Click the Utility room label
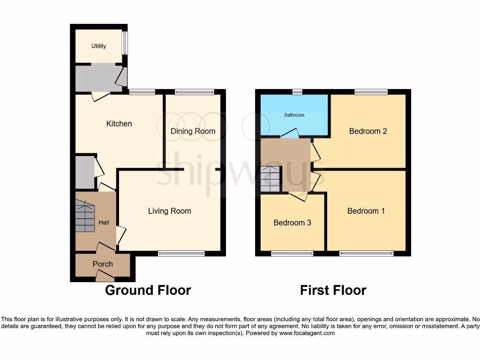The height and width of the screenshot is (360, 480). coord(99,46)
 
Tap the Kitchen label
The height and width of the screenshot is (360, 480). coord(119,124)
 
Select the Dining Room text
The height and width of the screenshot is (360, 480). coord(193,131)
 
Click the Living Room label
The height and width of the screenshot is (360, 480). coord(169,211)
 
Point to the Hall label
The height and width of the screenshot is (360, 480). coord(104,222)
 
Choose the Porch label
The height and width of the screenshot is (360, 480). coord(103,264)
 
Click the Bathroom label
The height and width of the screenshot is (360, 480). coord(294,115)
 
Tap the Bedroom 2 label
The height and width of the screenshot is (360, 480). coord(368,131)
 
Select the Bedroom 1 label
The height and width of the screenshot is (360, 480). coord(366,211)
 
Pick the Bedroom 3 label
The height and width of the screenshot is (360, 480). coord(292,223)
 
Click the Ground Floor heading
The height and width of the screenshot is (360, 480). coord(148,290)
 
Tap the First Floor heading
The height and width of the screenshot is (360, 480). coord(333,290)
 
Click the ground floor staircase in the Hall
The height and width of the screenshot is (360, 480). coord(85,217)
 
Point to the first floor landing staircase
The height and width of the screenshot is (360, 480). coord(270,180)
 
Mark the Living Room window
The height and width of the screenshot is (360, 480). coord(181,254)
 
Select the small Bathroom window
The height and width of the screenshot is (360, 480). coord(297,91)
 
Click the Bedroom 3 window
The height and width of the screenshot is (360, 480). coord(292,254)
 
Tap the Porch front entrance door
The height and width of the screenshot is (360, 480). coord(104,279)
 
